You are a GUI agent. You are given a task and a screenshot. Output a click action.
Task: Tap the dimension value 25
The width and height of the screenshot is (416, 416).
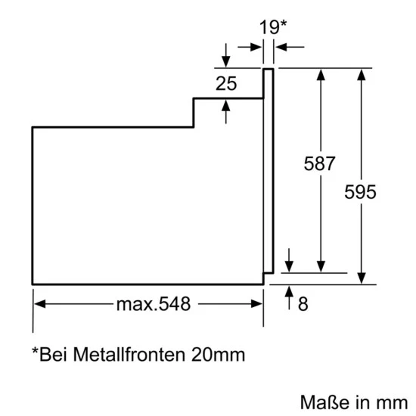(x=225, y=83)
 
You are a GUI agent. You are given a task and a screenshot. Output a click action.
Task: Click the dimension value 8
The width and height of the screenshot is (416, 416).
(x=303, y=305)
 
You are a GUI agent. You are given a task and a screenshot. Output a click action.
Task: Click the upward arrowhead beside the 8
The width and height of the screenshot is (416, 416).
(x=289, y=291)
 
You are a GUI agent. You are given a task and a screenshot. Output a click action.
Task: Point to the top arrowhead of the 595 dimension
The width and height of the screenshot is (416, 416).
(x=362, y=74)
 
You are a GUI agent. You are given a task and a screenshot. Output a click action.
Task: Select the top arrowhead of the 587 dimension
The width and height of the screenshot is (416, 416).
(x=321, y=74)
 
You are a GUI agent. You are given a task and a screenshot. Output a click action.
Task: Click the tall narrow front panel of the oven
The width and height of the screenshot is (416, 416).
(x=267, y=170)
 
